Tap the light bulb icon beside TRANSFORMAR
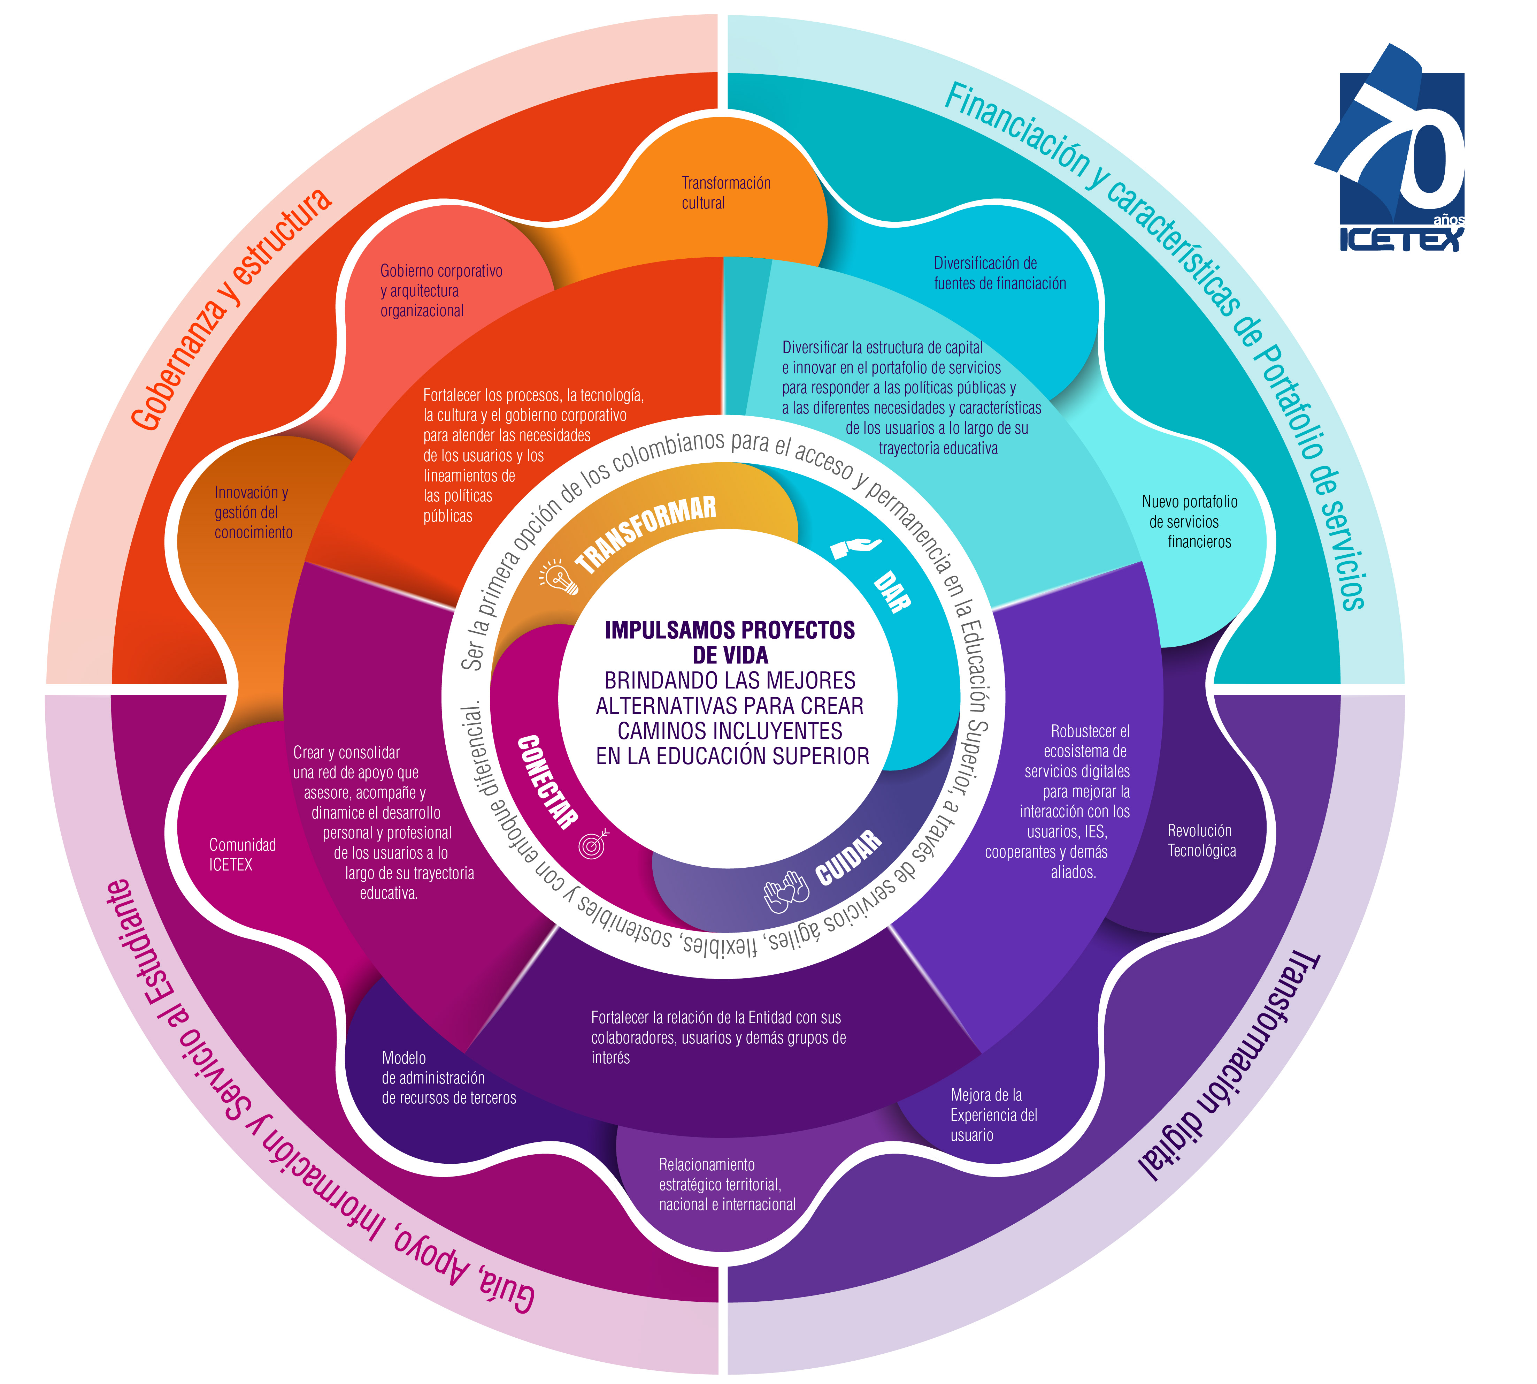point(559,578)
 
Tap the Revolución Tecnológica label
point(1201,840)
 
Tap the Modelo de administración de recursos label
point(448,1078)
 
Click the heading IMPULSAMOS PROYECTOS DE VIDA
point(730,642)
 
